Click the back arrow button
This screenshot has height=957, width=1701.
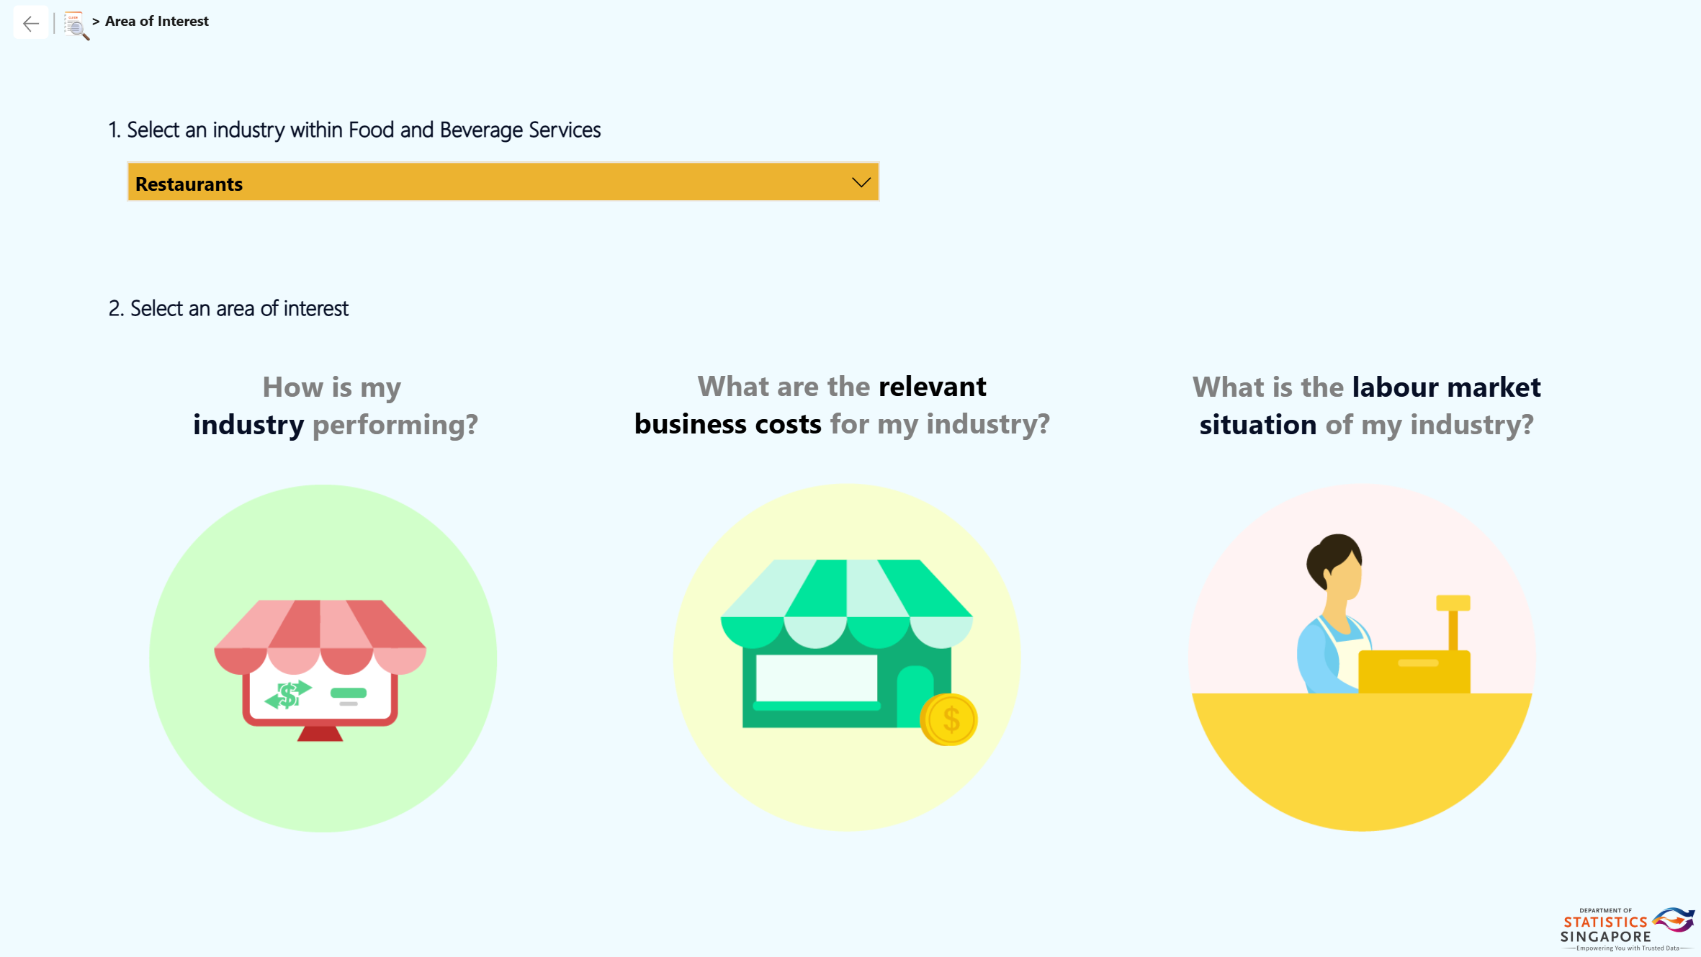(x=31, y=24)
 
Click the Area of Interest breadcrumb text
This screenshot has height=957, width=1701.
(x=157, y=22)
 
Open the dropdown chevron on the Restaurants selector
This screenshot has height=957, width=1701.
(x=861, y=182)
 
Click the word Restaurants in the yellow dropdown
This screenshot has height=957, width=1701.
(x=189, y=184)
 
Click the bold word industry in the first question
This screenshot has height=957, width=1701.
(x=248, y=425)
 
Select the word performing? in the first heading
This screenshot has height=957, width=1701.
(x=395, y=425)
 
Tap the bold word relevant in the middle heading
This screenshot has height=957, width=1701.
(x=933, y=387)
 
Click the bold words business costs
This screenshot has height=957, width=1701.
(x=727, y=424)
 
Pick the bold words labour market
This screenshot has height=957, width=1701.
(x=1446, y=387)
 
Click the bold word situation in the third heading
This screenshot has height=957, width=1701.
(x=1258, y=425)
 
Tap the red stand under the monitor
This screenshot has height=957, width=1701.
(x=320, y=733)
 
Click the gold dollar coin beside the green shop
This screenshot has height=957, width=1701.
(x=949, y=719)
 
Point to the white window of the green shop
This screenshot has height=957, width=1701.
(x=817, y=678)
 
